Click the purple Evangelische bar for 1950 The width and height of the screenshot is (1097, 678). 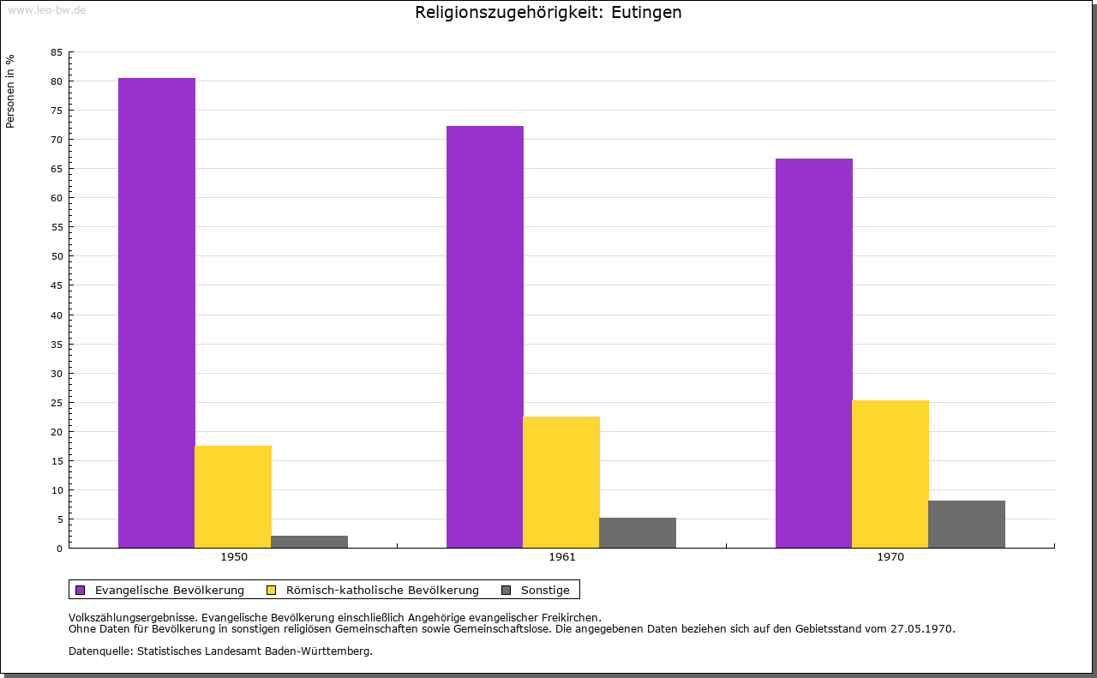click(x=157, y=313)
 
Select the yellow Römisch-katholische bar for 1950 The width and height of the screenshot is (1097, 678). click(x=233, y=496)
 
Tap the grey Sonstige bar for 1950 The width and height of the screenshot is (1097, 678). click(x=309, y=542)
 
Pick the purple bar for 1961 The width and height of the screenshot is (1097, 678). click(x=485, y=337)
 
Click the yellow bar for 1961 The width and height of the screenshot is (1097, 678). click(x=561, y=482)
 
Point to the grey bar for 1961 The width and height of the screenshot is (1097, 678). click(x=638, y=532)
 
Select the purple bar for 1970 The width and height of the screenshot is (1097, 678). click(x=814, y=353)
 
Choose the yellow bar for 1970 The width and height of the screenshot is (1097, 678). click(x=890, y=474)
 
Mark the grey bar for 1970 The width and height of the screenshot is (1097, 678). click(x=967, y=524)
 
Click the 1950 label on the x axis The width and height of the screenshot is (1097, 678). click(x=234, y=557)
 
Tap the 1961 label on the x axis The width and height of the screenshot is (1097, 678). click(x=562, y=557)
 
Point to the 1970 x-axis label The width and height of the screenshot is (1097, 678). click(x=890, y=557)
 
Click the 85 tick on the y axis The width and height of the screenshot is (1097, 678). click(x=57, y=52)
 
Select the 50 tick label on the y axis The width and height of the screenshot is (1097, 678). click(x=57, y=256)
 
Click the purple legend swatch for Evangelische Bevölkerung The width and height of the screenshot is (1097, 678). click(x=81, y=590)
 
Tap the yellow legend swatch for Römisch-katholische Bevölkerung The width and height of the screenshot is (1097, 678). click(x=272, y=590)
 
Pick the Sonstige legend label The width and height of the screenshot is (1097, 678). click(x=545, y=590)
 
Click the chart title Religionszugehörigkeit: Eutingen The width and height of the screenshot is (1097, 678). click(x=548, y=13)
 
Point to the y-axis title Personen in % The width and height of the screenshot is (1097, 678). click(x=10, y=91)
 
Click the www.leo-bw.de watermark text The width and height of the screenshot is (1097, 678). click(x=46, y=9)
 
